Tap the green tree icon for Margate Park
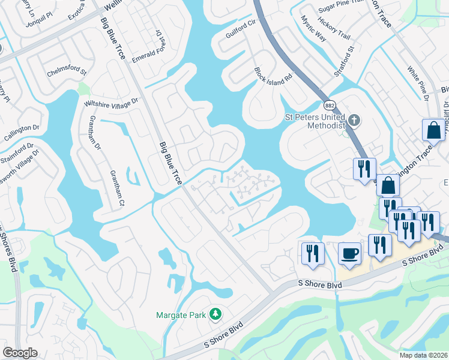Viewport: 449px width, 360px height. pos(215,314)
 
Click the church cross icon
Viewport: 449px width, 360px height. pos(354,120)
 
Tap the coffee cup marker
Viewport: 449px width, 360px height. pos(349,253)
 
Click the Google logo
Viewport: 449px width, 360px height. pos(20,352)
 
